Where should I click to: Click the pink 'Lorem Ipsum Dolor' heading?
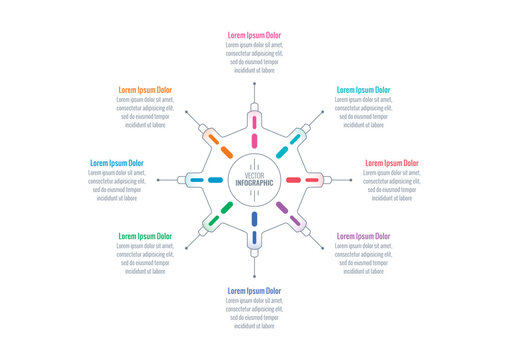coord(254,35)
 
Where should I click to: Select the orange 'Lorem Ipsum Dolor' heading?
coord(145,90)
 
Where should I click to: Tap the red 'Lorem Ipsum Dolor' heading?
coord(391,162)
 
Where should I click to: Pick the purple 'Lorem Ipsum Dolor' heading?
coord(363,236)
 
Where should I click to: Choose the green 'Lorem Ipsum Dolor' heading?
coord(145,236)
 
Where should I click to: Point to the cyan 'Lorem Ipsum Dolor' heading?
coord(363,90)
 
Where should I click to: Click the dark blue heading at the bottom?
coord(254,291)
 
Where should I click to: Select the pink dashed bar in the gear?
coord(254,126)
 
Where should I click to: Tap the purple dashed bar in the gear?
coord(282,208)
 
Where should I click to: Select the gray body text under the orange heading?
coord(145,113)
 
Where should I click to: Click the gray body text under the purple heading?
coord(363,259)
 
